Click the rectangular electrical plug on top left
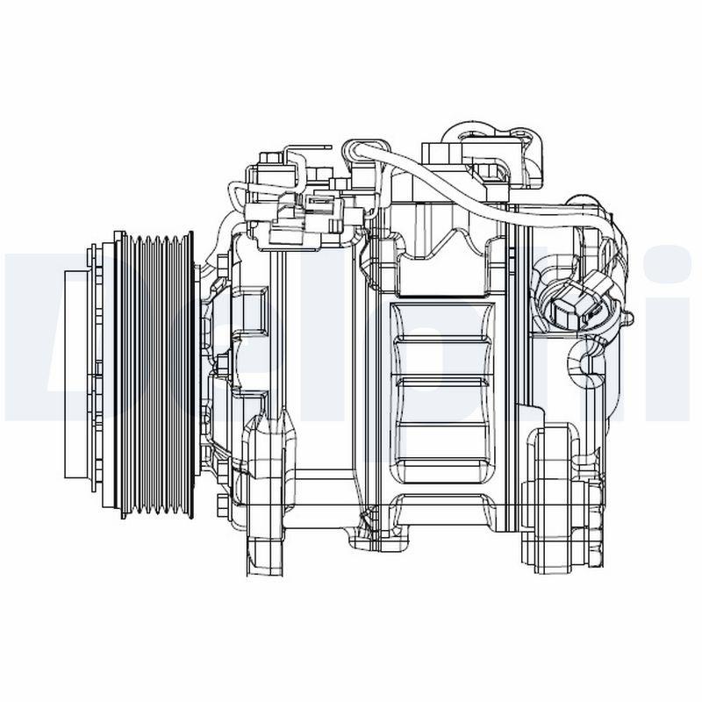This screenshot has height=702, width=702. (298, 215)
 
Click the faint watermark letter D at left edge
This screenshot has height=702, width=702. (35, 333)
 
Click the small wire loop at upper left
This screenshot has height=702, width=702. (237, 193)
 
